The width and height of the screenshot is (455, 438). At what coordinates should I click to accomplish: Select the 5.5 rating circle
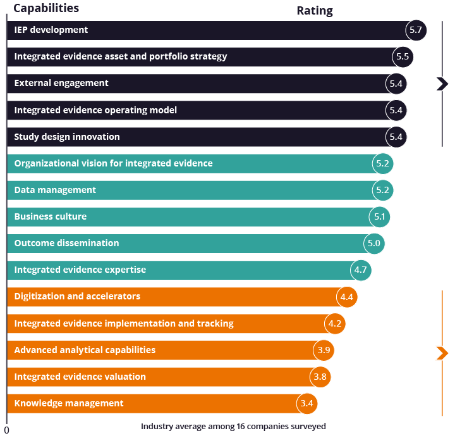tap(403, 57)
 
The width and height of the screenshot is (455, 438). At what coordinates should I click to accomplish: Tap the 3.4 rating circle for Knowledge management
tap(306, 403)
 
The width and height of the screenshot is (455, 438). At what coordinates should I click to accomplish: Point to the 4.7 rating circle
tap(361, 270)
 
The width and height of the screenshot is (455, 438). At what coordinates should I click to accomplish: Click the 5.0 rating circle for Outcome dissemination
tap(374, 244)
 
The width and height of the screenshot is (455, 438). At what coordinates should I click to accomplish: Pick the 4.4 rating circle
tap(347, 297)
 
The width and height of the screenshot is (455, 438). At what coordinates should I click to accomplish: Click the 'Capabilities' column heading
tap(46, 9)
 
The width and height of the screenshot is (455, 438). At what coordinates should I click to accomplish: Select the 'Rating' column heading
tap(315, 11)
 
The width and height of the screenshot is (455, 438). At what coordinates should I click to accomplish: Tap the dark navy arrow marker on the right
tap(442, 84)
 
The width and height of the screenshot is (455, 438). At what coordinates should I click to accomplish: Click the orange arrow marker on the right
tap(442, 353)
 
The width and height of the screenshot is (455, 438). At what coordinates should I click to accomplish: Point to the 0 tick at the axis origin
tap(7, 430)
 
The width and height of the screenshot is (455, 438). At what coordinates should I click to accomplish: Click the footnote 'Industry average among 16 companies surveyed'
tap(233, 427)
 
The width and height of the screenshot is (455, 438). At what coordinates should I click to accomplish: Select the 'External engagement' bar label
tap(61, 84)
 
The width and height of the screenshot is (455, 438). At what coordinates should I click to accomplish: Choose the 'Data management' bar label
tap(55, 190)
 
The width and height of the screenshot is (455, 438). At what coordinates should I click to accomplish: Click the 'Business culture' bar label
tap(51, 216)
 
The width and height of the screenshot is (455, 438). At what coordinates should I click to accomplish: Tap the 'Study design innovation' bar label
tap(67, 137)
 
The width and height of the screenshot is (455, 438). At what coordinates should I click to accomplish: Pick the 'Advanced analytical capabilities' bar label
tap(85, 350)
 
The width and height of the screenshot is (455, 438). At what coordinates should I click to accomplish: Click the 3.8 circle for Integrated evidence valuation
tap(320, 377)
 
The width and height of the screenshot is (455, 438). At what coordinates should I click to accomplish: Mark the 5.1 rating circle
tap(380, 217)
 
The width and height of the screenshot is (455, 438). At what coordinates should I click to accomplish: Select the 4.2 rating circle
tap(335, 323)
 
